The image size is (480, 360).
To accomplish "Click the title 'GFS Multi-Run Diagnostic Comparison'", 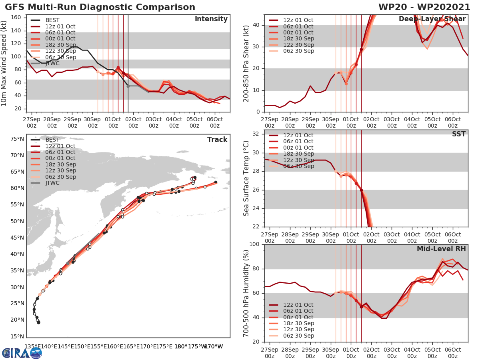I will tap(100, 7).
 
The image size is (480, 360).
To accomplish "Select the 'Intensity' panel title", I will tap(211, 19).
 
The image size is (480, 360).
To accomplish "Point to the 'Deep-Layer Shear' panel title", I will tap(432, 19).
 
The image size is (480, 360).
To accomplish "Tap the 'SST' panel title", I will tap(458, 134).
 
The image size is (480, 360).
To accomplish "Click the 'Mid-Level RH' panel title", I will tap(441, 249).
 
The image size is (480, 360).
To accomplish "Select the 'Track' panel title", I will tap(217, 140).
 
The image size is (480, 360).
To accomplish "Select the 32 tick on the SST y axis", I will tap(256, 134).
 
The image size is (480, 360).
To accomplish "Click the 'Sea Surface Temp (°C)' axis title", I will tap(246, 178).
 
